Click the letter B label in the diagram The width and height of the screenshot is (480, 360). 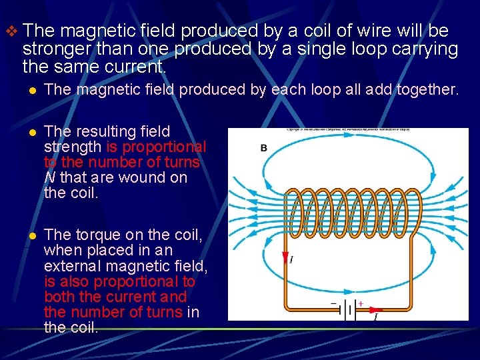pos(264,147)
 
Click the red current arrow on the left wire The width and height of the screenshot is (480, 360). pos(285,259)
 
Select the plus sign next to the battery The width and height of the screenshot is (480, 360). pos(361,303)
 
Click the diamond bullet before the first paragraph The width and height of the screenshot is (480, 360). pos(9,31)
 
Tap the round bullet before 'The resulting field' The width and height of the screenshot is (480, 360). pos(30,132)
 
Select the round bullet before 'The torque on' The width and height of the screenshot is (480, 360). pos(30,235)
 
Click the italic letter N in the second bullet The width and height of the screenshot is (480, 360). pos(49,178)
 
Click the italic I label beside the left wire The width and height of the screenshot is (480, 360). pos(291,259)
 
